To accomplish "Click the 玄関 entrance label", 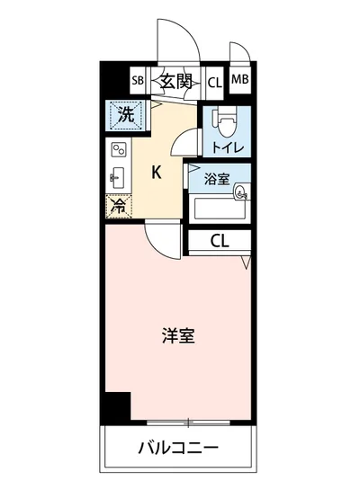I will (177, 82).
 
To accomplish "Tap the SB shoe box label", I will (138, 82).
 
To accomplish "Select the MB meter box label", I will (240, 79).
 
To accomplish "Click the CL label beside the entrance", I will (214, 83).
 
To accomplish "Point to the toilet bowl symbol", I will (226, 119).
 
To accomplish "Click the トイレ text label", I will (227, 144).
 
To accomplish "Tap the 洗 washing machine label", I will (126, 115).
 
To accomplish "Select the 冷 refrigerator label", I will (119, 205).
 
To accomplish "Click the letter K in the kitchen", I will (156, 172).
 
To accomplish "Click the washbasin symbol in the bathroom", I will (240, 191).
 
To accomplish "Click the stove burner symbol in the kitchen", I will (118, 149).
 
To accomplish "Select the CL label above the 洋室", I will (219, 240).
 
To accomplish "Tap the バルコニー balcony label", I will (179, 447).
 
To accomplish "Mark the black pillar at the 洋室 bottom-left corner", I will (114, 409).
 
